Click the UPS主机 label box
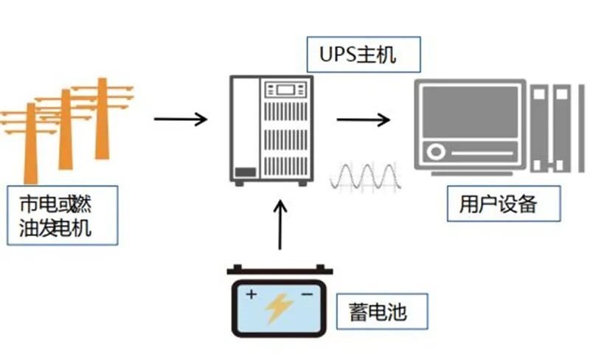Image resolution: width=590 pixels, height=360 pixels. point(364,55)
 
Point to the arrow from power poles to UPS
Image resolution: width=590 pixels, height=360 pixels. point(181,118)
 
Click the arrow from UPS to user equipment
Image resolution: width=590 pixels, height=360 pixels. point(363,118)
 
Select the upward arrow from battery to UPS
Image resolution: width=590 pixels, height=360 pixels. point(280,225)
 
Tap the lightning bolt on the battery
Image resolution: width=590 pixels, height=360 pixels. point(280,309)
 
